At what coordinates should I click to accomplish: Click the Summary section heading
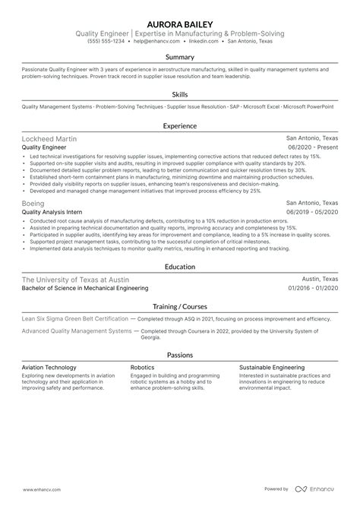[180, 57]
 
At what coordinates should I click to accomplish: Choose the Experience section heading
[180, 125]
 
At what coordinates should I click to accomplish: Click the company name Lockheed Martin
[49, 139]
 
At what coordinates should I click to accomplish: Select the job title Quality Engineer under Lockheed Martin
[45, 147]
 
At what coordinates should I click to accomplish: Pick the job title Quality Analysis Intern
[54, 212]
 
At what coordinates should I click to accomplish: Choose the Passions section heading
[180, 354]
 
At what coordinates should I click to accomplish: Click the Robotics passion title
[143, 366]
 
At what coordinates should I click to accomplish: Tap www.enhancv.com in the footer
[37, 490]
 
